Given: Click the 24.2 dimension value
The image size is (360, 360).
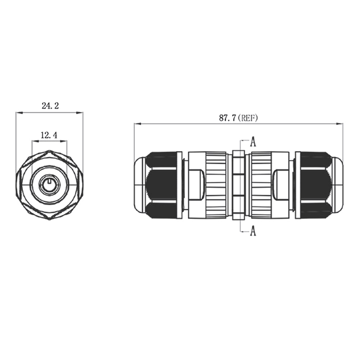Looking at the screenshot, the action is point(50,105).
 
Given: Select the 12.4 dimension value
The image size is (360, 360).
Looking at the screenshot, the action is point(49,135).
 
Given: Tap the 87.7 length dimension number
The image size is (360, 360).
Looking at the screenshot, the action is point(227,118).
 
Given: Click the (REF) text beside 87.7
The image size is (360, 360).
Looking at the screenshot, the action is point(248,118).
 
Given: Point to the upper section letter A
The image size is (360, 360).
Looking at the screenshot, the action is point(253,141).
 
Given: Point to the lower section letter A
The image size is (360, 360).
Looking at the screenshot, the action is point(253,230).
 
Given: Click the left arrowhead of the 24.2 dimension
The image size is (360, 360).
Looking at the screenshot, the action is point(19,112).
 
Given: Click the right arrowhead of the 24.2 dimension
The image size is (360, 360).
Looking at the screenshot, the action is point(80,112).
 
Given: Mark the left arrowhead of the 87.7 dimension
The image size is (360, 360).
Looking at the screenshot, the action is point(137,124).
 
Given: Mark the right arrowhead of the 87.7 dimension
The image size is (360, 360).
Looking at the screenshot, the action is point(339,124).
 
